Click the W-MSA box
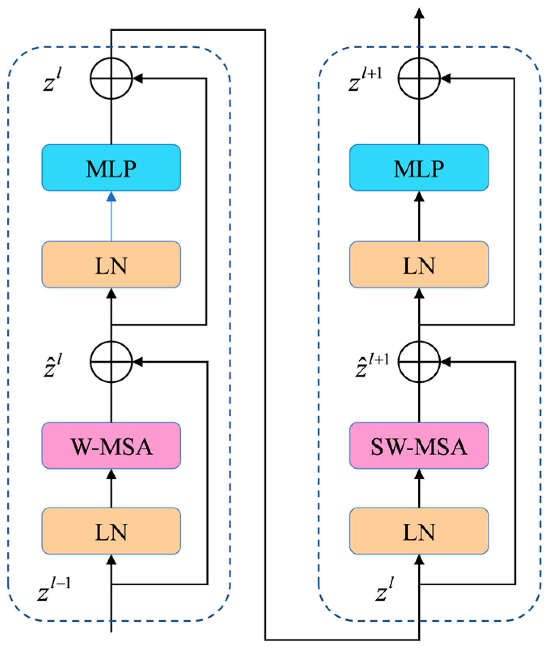111,446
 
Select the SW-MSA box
419,446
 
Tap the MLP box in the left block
111,168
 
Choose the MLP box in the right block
419,168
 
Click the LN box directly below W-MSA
111,531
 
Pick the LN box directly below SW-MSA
419,531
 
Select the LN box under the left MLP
111,265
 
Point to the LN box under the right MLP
419,265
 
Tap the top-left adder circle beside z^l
111,78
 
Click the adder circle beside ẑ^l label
111,362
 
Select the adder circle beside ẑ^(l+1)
419,362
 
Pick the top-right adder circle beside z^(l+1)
419,78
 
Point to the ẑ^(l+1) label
371,365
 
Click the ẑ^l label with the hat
53,365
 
